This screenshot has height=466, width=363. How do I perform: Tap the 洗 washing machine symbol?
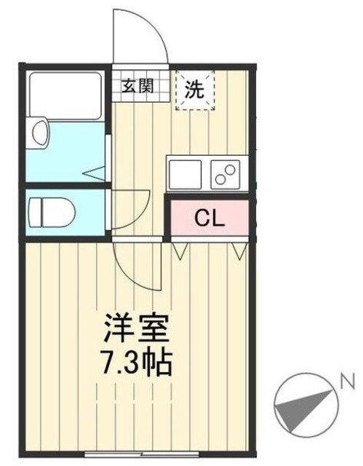click(194, 90)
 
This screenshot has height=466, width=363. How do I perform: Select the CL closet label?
click(211, 218)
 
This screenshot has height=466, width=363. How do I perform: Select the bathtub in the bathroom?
click(65, 95)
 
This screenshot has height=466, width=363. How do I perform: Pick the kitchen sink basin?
click(188, 174)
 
